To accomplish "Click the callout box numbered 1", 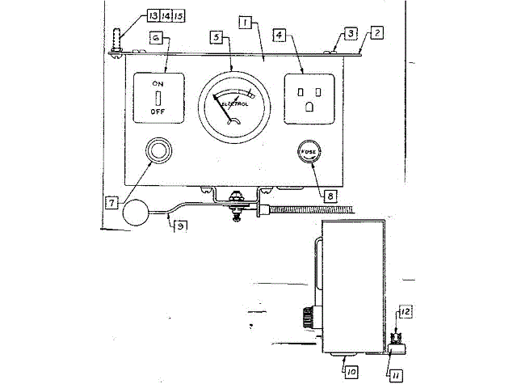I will pos(242,25).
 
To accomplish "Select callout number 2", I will pos(376,34).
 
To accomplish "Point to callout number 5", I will pos(216,37).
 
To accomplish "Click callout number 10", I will pos(352,372).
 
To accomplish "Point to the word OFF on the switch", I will pos(159,113).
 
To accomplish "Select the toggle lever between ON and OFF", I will pos(159,97).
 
